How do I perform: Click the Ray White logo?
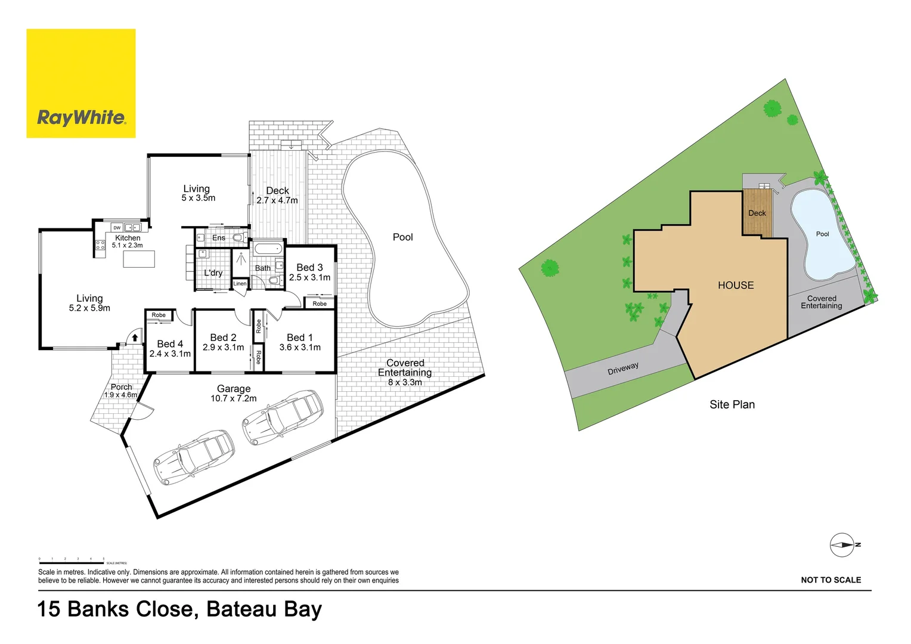pyautogui.click(x=81, y=83)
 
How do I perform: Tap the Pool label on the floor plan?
pyautogui.click(x=403, y=237)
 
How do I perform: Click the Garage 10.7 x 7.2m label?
pyautogui.click(x=234, y=394)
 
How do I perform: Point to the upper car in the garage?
pyautogui.click(x=283, y=416)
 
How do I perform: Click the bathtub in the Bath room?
pyautogui.click(x=268, y=249)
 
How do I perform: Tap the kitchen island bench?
pyautogui.click(x=139, y=259)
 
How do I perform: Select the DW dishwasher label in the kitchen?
pyautogui.click(x=117, y=228)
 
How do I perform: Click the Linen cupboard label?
pyautogui.click(x=240, y=284)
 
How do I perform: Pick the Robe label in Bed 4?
pyautogui.click(x=159, y=315)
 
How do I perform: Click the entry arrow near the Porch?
pyautogui.click(x=135, y=338)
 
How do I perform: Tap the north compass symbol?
pyautogui.click(x=842, y=545)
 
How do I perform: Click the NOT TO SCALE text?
pyautogui.click(x=831, y=580)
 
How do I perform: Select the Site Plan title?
pyautogui.click(x=732, y=404)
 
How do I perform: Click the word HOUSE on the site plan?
pyautogui.click(x=736, y=286)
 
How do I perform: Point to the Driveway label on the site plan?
pyautogui.click(x=623, y=369)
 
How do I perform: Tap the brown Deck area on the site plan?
pyautogui.click(x=757, y=213)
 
